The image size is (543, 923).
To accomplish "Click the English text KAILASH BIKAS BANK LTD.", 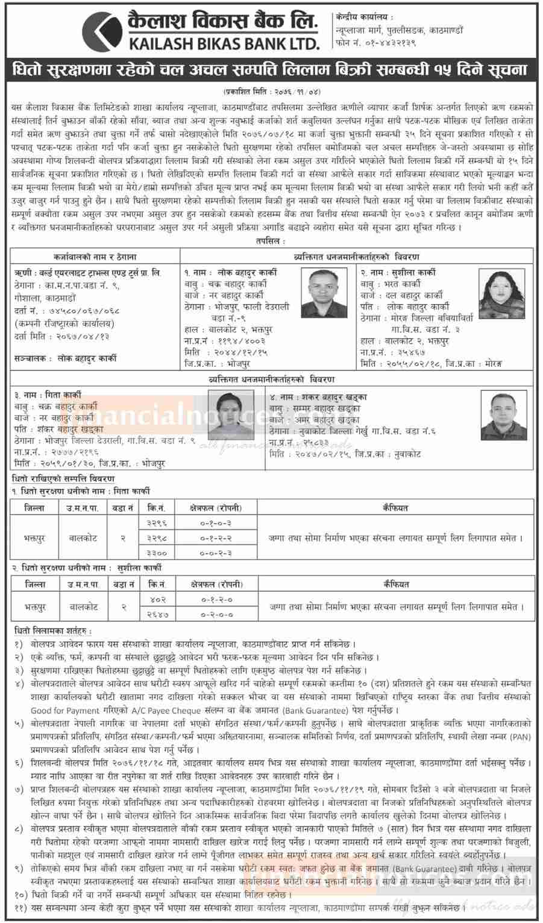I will (x=223, y=43).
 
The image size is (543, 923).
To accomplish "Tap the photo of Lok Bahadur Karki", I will (x=325, y=291).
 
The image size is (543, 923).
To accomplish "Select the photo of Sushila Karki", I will (x=501, y=292).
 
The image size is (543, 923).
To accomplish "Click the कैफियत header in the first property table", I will (x=396, y=507).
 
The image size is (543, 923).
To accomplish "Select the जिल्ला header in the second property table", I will (x=34, y=584).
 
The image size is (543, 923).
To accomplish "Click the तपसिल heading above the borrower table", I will (x=271, y=240).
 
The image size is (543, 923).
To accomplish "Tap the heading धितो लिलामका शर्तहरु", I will (x=53, y=630).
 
